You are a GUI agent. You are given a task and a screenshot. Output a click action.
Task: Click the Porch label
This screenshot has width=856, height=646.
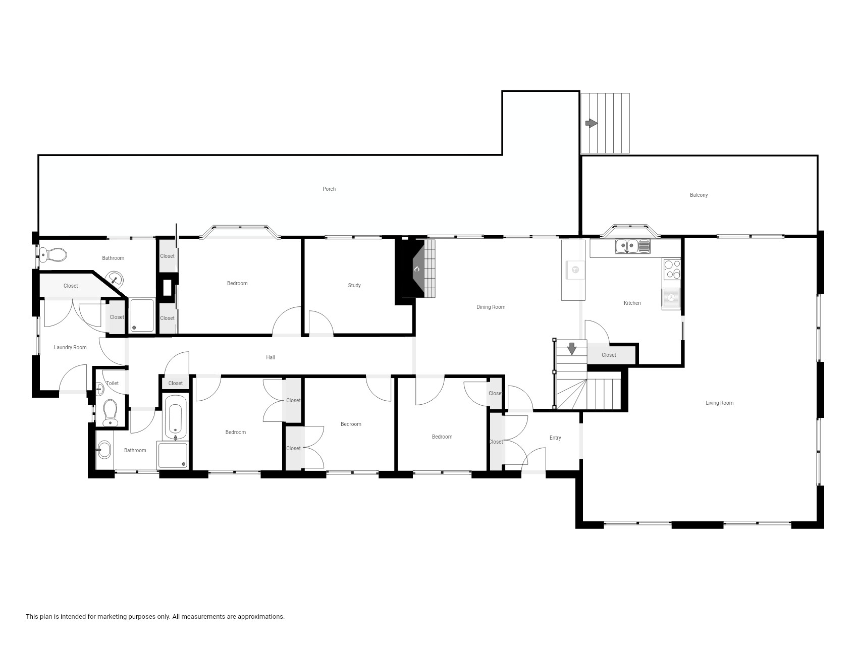pos(329,189)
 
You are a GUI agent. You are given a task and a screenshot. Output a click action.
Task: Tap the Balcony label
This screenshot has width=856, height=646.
pos(699,195)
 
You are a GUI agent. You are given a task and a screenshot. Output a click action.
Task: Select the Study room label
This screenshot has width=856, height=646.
pos(354,285)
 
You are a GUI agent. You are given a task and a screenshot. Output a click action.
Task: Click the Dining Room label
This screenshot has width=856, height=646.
pos(491,307)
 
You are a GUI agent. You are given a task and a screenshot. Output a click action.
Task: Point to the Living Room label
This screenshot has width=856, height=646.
pos(720,403)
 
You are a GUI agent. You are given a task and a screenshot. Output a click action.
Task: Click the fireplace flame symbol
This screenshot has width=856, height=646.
pos(417,270)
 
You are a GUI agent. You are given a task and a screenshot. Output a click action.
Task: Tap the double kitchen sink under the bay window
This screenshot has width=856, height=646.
pos(632,246)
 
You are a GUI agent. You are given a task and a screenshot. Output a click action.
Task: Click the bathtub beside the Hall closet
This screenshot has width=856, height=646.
pos(176,417)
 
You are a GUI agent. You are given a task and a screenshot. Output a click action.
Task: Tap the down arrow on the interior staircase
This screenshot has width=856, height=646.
pos(572,348)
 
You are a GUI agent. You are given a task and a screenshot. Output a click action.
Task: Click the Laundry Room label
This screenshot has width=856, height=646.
pos(70,347)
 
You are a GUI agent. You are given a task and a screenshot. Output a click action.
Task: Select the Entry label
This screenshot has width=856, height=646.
pos(555,438)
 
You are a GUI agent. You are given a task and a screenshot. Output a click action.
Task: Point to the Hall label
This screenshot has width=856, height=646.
pos(271,357)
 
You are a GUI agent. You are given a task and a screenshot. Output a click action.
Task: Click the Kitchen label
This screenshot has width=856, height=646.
pos(632,303)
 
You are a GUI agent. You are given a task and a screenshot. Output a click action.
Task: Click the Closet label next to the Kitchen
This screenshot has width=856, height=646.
pos(609,355)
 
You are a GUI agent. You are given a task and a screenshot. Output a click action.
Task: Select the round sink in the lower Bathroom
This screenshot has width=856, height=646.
pos(104,449)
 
